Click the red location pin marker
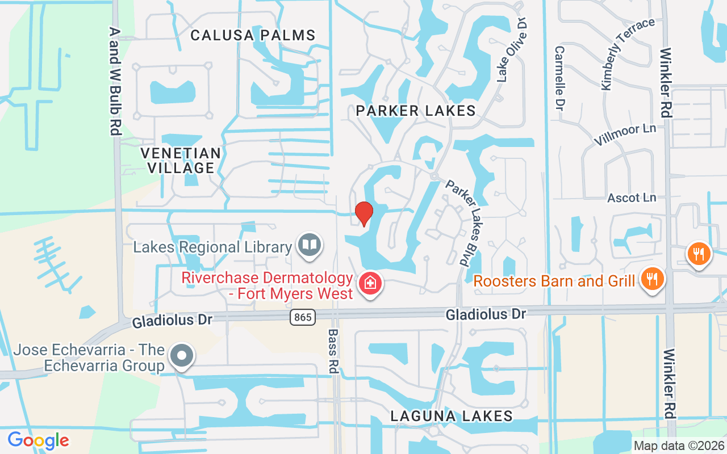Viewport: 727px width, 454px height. tap(363, 213)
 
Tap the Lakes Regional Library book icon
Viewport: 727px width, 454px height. tap(310, 245)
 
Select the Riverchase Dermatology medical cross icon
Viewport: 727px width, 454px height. tap(370, 282)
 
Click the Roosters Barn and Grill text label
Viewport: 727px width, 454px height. tap(554, 281)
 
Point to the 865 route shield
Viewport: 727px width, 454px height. tap(303, 317)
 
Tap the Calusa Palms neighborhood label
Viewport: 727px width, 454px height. tap(253, 35)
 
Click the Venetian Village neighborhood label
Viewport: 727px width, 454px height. tap(181, 160)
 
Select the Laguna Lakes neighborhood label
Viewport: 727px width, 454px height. tap(452, 416)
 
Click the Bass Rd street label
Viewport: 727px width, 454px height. tap(333, 351)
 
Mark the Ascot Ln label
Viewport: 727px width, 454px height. tap(632, 197)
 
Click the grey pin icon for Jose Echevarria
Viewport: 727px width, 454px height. tap(182, 355)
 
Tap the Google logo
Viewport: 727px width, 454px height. tap(38, 440)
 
